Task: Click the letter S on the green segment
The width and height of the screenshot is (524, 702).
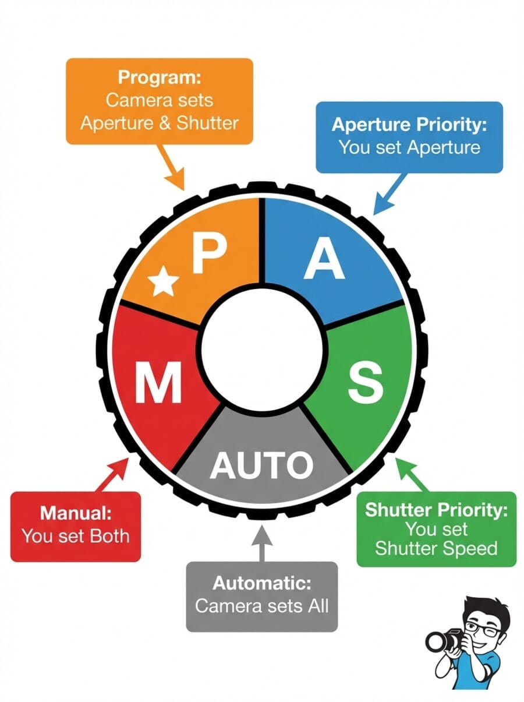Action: pyautogui.click(x=365, y=383)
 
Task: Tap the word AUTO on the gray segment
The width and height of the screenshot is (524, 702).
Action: pyautogui.click(x=261, y=465)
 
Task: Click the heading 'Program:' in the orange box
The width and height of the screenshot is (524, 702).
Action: pyautogui.click(x=159, y=77)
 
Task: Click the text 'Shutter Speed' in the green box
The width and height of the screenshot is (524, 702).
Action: pyautogui.click(x=436, y=548)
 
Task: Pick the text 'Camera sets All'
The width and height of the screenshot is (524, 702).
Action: pyautogui.click(x=261, y=605)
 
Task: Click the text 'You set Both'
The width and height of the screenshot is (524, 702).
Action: pyautogui.click(x=76, y=535)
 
